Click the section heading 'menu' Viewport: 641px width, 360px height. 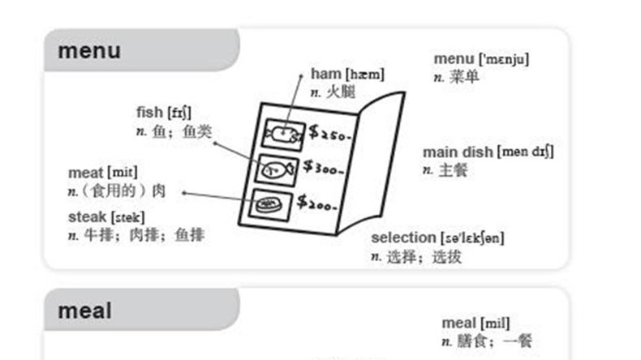point(88,51)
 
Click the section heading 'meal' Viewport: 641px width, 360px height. point(84,311)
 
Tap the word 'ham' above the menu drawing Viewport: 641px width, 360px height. point(327,75)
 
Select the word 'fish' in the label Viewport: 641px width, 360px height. point(149,112)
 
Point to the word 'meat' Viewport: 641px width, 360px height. point(85,173)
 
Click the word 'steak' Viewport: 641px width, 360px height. point(88,217)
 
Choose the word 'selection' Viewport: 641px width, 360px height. point(403,238)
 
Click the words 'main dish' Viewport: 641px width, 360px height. point(458,152)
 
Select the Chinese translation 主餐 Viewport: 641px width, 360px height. point(453,170)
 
